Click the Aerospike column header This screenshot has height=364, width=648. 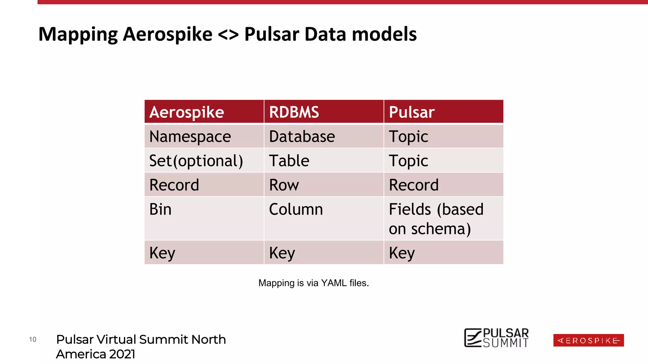204,112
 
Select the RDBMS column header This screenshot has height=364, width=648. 324,112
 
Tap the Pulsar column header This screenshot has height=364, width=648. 443,112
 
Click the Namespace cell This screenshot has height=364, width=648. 204,136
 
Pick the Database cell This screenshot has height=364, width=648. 324,136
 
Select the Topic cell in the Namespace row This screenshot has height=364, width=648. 443,136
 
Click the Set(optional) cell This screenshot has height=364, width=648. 204,161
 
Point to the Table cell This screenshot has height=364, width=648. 324,161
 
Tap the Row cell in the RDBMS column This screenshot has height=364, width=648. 324,185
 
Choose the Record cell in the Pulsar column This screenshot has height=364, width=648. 443,185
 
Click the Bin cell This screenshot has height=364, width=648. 204,218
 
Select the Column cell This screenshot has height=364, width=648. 324,218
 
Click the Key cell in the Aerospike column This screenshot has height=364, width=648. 204,252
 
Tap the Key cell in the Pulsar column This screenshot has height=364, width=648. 443,252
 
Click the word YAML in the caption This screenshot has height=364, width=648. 334,283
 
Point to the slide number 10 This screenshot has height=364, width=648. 33,339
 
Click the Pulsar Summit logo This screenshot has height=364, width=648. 496,338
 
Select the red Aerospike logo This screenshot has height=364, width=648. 589,340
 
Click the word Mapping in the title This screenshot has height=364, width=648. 78,34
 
